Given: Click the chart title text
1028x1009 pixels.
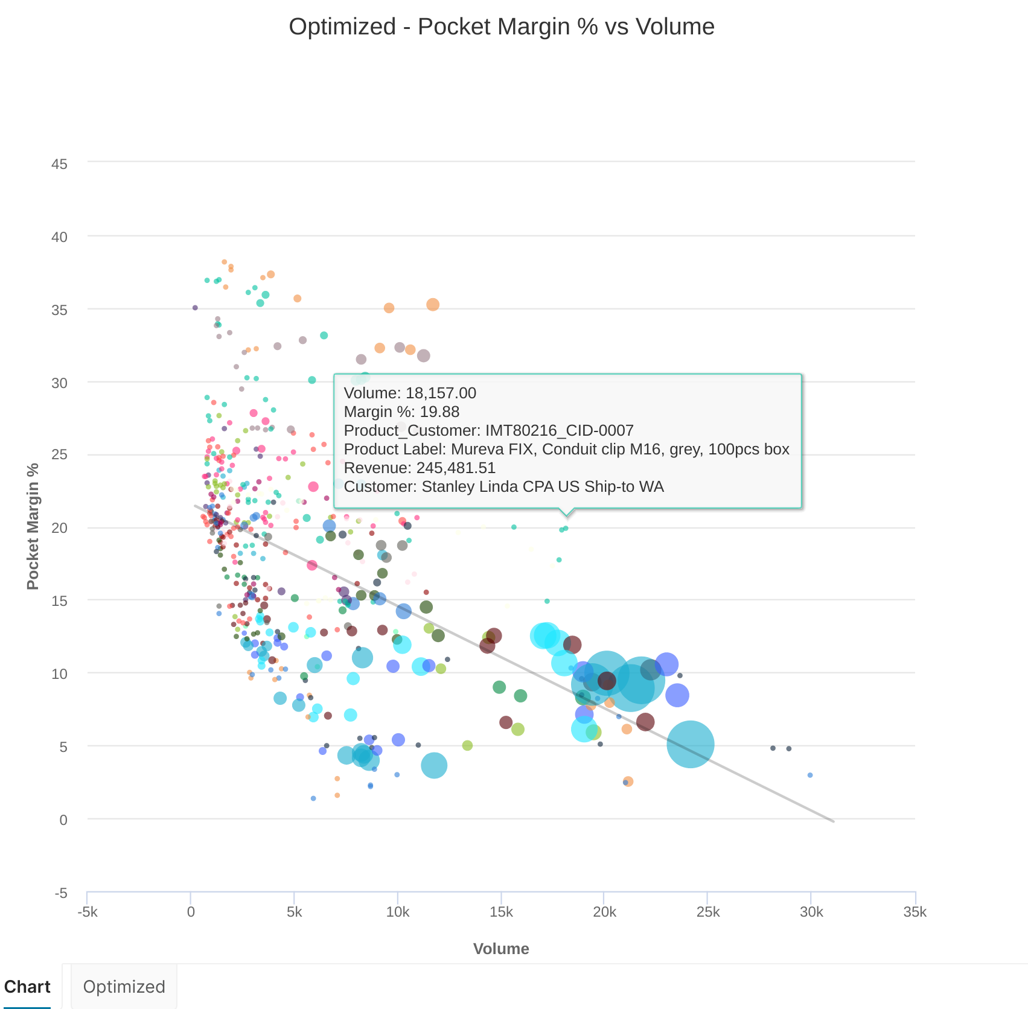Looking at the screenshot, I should click(x=501, y=27).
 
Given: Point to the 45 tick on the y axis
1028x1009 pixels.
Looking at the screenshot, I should click(x=59, y=164).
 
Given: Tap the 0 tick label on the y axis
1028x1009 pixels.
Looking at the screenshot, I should click(x=63, y=820).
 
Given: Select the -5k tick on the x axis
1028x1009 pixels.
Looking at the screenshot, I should click(x=88, y=912).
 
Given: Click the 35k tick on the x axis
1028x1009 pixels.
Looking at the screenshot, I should click(x=915, y=912).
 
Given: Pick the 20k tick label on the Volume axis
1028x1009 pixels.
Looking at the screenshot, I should click(x=604, y=912).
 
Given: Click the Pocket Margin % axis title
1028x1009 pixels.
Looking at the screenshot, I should click(x=33, y=526).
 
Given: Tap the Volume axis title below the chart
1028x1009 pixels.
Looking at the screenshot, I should click(x=501, y=949).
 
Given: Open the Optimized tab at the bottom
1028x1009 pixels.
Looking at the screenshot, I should click(x=124, y=987).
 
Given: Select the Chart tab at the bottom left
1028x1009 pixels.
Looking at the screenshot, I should click(x=27, y=987).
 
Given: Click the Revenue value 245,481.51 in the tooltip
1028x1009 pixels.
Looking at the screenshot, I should click(x=456, y=468).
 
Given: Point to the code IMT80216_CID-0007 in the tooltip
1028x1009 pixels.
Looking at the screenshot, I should click(x=559, y=431).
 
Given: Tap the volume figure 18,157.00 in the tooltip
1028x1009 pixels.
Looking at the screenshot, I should click(x=441, y=393).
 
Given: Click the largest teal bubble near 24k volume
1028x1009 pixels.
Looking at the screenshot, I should click(x=690, y=744).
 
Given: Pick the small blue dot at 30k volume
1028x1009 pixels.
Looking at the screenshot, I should click(x=810, y=775).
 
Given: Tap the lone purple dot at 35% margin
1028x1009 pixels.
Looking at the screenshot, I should click(x=195, y=308).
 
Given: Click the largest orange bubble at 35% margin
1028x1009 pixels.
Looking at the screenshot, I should click(x=433, y=305).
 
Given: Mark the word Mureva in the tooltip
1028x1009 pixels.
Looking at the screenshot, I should click(x=477, y=450).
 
